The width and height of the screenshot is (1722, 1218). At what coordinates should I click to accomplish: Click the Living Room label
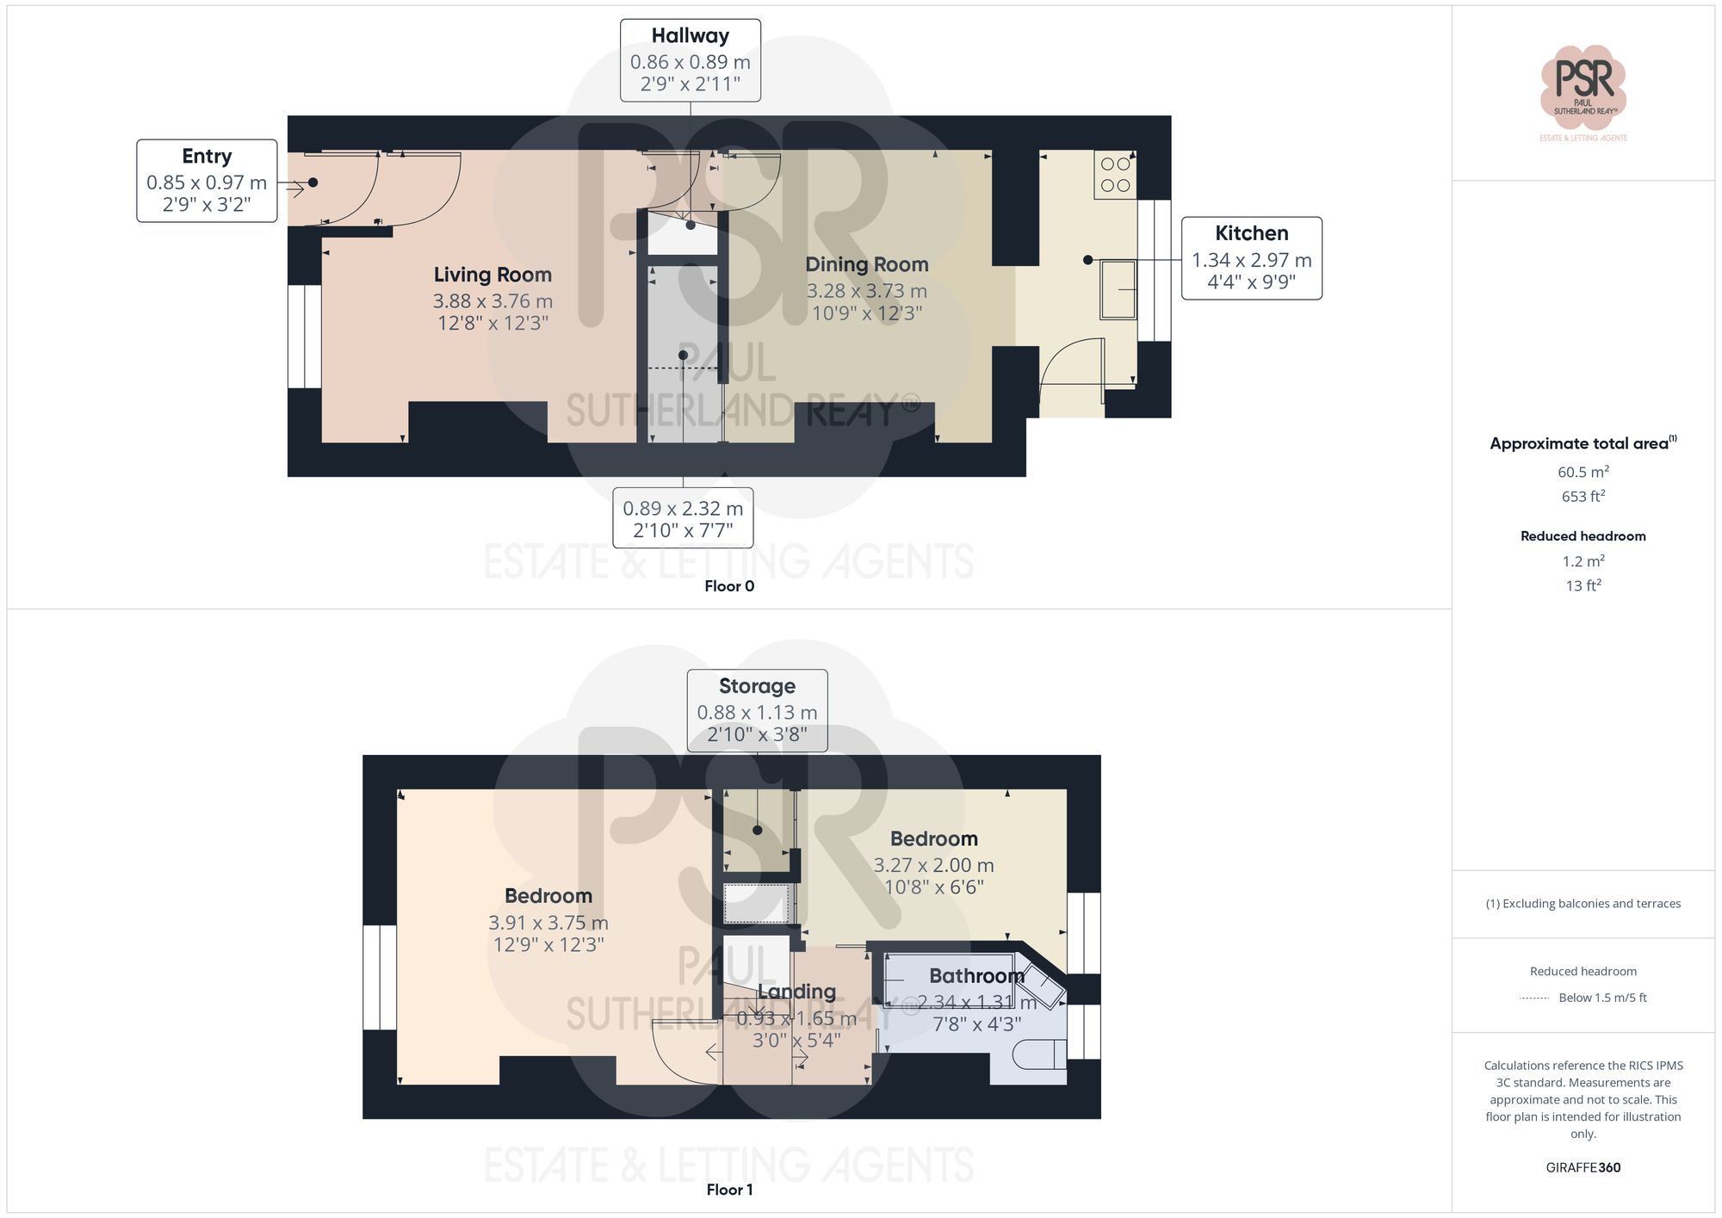(x=492, y=275)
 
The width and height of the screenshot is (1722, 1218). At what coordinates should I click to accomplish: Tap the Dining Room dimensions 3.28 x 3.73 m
(x=866, y=291)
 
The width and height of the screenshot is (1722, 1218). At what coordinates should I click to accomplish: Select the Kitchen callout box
(x=1251, y=257)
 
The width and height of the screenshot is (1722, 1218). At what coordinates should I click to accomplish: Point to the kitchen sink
(x=1118, y=289)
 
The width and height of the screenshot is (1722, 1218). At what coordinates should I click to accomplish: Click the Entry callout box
(x=207, y=181)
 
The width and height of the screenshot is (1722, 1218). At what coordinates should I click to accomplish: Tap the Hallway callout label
(x=690, y=36)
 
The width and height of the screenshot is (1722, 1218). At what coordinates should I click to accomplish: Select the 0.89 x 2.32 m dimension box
(x=683, y=518)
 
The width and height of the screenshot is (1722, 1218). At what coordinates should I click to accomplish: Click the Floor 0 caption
(x=729, y=586)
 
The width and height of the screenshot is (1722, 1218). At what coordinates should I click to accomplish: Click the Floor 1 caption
(x=729, y=1190)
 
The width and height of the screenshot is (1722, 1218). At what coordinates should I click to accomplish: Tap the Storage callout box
(x=757, y=710)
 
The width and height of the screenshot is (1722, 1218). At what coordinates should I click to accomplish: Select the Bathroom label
(x=976, y=976)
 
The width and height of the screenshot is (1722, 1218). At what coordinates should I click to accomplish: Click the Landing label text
(x=796, y=992)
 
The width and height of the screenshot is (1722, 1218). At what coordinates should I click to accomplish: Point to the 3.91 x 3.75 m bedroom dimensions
(x=548, y=923)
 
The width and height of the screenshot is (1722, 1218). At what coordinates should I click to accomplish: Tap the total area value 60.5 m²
(x=1583, y=472)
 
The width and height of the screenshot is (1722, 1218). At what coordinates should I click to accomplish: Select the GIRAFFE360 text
(x=1583, y=1168)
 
